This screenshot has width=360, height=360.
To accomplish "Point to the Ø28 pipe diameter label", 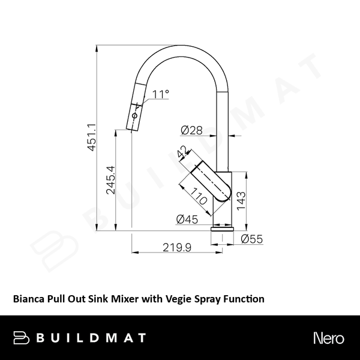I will (x=190, y=130).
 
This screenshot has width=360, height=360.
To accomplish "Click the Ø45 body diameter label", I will (x=188, y=220).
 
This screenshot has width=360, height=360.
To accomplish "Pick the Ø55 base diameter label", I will (x=252, y=239).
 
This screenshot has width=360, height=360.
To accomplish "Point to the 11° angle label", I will (x=161, y=94).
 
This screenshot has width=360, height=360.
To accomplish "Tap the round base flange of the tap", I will (x=223, y=229).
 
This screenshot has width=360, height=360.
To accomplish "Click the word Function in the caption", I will (x=244, y=297).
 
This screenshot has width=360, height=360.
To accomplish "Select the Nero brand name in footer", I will (x=328, y=338).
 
